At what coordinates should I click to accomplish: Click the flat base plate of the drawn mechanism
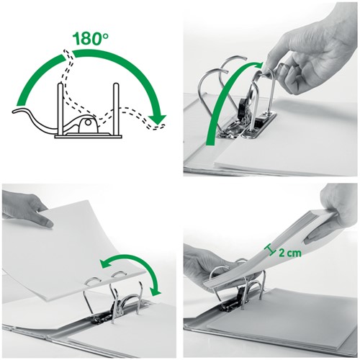pos(86,135)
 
